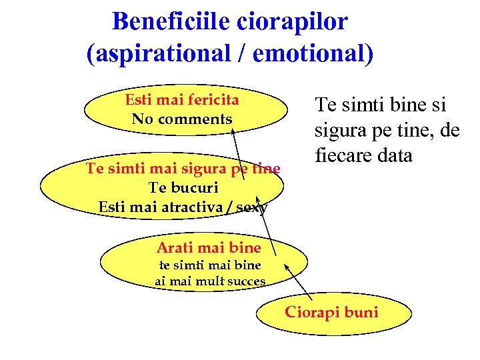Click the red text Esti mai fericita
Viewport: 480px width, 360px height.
[181, 100]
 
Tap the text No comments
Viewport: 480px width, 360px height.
[181, 119]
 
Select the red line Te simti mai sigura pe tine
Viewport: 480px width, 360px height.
[183, 169]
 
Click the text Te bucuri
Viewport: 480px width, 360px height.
[183, 187]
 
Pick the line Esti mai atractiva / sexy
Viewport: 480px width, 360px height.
[183, 207]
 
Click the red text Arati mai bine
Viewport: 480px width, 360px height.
[209, 249]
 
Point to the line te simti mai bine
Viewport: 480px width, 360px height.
[209, 265]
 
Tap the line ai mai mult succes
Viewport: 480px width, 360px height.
[210, 281]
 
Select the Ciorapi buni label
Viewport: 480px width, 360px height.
[331, 312]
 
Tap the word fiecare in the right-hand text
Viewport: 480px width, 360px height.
[344, 156]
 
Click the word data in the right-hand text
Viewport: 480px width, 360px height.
[395, 156]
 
